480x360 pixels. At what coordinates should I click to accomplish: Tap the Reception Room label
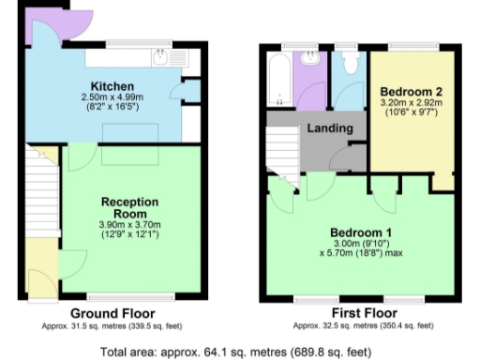130,207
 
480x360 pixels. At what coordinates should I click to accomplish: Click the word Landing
331,128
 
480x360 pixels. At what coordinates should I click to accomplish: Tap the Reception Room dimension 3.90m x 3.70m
130,225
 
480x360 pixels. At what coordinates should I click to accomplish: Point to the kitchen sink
160,58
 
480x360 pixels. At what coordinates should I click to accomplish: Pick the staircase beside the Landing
282,150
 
